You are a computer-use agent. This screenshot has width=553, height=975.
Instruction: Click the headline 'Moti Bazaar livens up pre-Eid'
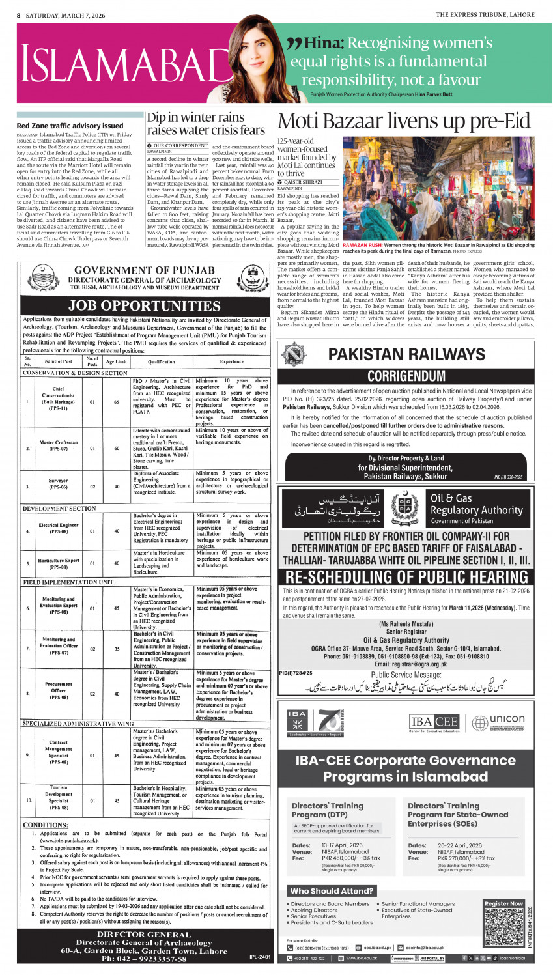point(404,122)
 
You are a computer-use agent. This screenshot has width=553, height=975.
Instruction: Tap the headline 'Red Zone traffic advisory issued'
point(70,126)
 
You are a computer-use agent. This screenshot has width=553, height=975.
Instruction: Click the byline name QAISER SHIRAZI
point(304,182)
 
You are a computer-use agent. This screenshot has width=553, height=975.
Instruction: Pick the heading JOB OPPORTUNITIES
point(145,305)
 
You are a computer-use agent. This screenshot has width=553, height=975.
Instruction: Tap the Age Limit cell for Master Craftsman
point(117,448)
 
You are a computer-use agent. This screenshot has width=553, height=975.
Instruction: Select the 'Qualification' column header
point(161,361)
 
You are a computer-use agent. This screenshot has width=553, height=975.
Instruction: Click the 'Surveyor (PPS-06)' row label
point(58,484)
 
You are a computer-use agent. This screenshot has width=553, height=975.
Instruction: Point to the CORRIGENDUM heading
point(406,376)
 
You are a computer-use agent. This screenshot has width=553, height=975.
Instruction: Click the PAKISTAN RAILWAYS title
point(406,354)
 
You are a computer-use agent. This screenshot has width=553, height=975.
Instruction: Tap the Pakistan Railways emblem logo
point(293,355)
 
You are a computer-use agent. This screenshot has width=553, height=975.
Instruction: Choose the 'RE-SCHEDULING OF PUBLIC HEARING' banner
point(406,576)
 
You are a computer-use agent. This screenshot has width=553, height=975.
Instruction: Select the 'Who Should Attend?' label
point(332,890)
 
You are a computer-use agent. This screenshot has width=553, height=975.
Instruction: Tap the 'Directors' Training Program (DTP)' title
point(327,810)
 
